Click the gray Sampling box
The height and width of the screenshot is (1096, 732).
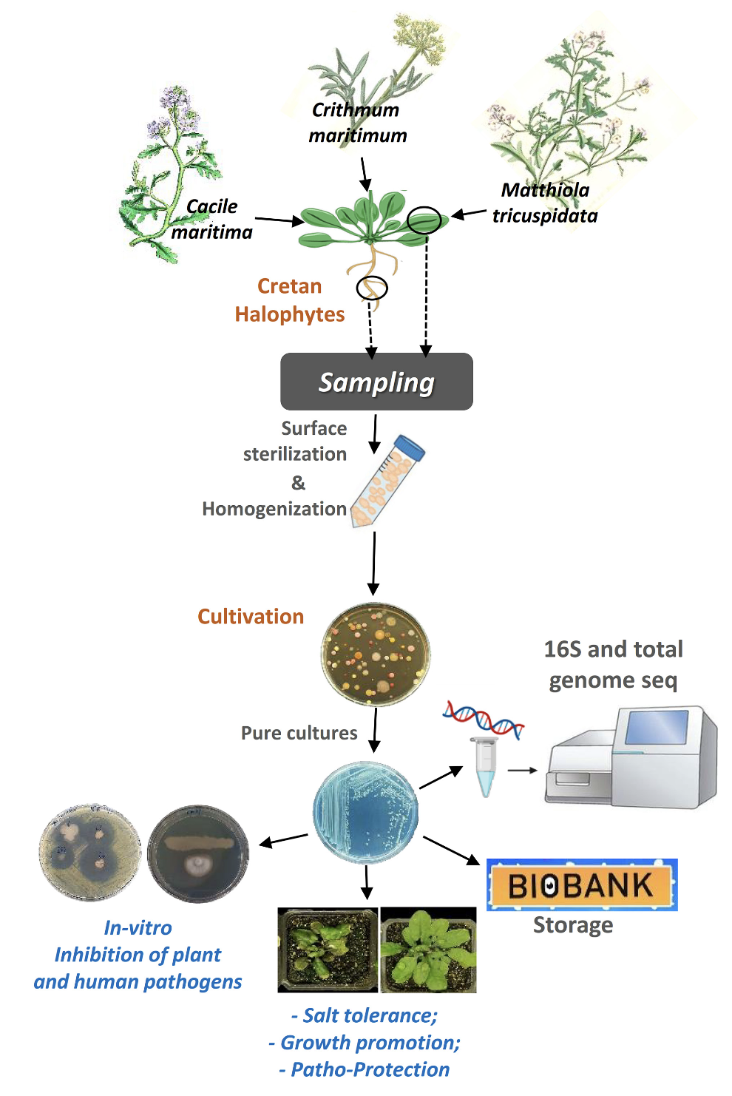376,382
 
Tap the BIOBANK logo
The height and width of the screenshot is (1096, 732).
582,884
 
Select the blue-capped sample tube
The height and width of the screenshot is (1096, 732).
387,481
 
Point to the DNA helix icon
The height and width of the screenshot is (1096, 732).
484,719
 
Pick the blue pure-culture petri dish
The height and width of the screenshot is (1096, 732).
365,813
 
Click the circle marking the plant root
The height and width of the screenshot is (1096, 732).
371,288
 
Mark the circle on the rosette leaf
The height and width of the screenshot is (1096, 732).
424,220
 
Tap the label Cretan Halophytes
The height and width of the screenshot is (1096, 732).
290,300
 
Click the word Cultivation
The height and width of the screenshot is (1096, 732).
251,617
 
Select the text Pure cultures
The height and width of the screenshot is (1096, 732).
299,733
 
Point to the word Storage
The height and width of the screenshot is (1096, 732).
573,925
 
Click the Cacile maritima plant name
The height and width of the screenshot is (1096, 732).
212,220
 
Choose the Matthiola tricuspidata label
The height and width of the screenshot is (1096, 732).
545,203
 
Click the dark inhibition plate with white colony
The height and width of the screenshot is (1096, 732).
198,854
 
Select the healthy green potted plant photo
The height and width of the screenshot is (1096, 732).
428,950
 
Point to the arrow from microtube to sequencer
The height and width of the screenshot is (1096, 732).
522,771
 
